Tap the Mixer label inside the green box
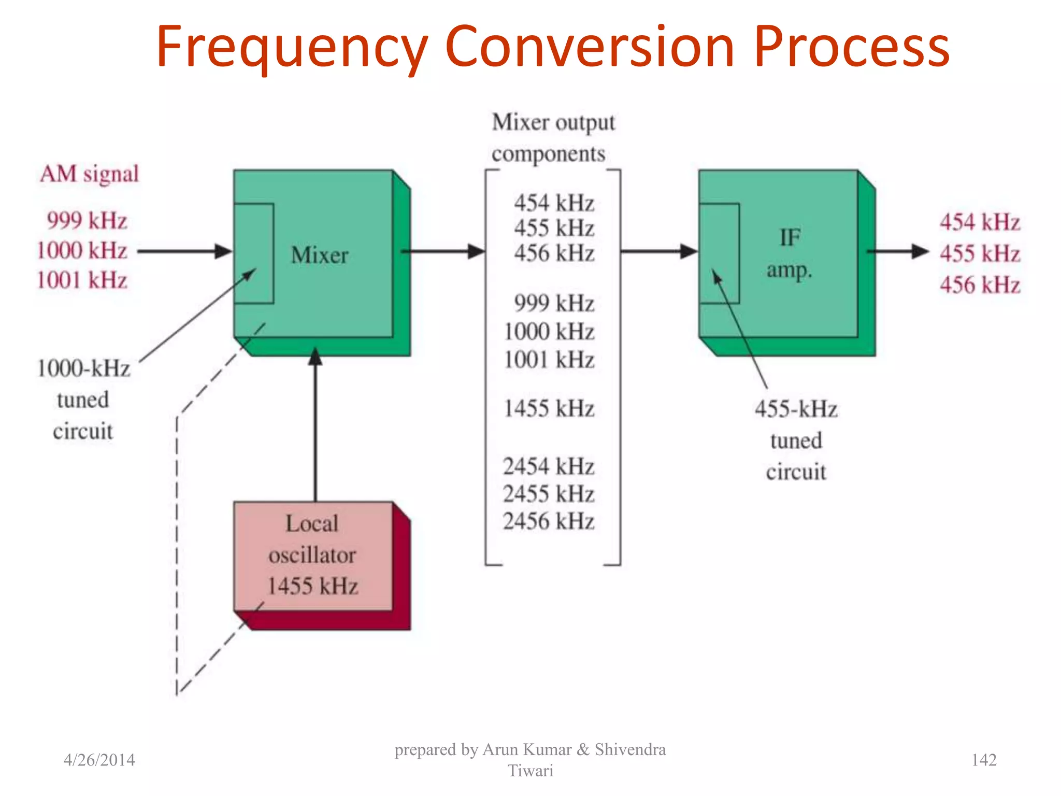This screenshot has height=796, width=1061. click(x=320, y=255)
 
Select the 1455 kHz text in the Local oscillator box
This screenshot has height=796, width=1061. click(x=312, y=586)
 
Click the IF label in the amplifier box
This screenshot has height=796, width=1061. click(x=790, y=238)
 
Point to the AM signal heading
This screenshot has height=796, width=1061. click(x=90, y=174)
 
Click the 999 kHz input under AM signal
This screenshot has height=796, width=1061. click(x=87, y=221)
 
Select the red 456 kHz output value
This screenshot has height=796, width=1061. click(x=980, y=285)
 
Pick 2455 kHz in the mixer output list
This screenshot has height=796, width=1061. click(x=548, y=493)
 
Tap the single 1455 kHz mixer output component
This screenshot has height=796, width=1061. click(x=548, y=408)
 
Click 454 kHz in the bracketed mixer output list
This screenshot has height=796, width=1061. click(x=553, y=203)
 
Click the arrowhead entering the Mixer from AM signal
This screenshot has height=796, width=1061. click(x=224, y=251)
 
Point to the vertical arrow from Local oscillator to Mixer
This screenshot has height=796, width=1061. click(x=316, y=425)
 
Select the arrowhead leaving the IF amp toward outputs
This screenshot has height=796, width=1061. click(x=920, y=251)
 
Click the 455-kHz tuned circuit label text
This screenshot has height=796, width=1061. click(x=796, y=409)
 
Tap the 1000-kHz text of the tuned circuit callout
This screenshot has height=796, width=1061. click(x=83, y=368)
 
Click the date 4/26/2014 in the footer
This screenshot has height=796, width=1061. click(x=99, y=760)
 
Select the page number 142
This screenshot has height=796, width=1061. click(x=983, y=760)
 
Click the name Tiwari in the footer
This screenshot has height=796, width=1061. click(x=530, y=771)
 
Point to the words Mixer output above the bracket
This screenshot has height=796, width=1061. click(x=553, y=123)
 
